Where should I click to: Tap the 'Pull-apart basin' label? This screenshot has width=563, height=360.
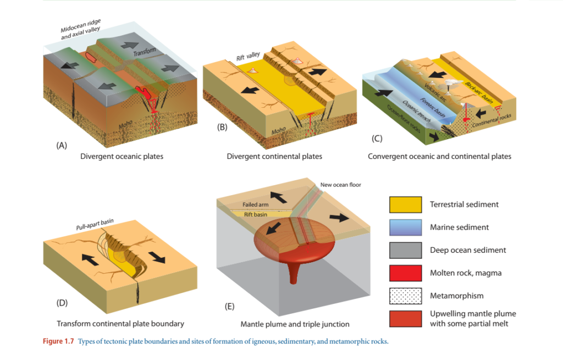(x=95, y=225)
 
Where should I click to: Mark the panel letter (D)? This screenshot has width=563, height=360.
(x=62, y=302)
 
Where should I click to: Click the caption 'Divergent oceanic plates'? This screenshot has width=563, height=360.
(x=122, y=157)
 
